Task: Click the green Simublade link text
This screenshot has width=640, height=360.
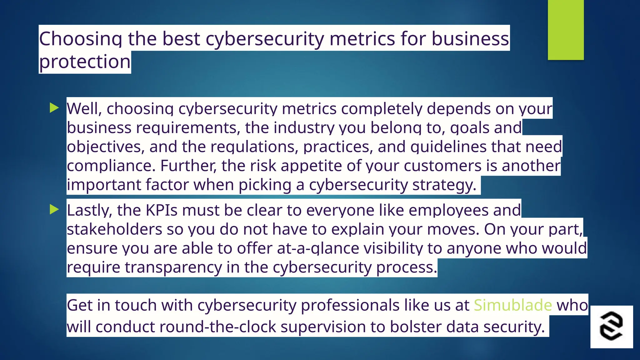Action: (513, 305)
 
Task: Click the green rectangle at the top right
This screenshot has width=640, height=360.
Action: (566, 30)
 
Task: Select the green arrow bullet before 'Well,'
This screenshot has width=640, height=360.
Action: (54, 108)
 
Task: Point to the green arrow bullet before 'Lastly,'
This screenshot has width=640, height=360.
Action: (54, 210)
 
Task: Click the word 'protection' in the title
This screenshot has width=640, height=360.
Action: (85, 62)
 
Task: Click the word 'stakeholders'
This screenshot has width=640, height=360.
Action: (114, 229)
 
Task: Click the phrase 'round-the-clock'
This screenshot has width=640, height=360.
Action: (217, 327)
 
